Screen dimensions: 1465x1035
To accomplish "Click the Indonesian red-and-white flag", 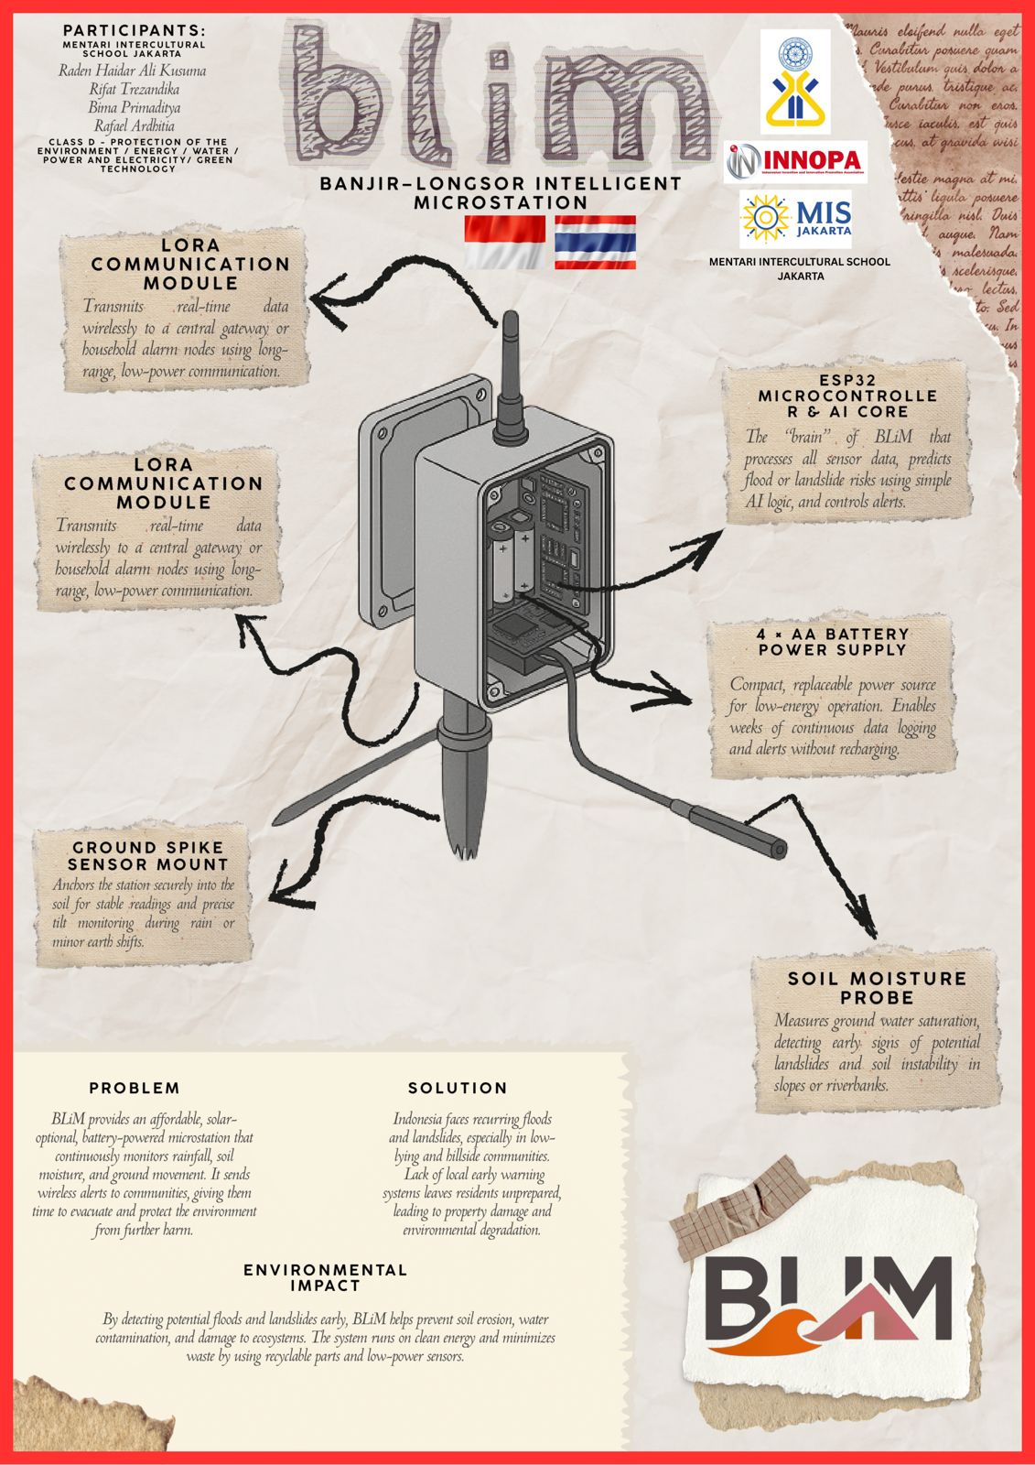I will pyautogui.click(x=504, y=242).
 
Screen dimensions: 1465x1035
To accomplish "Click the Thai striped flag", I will pyautogui.click(x=595, y=242).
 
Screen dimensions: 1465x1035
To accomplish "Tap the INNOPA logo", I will pyautogui.click(x=796, y=163).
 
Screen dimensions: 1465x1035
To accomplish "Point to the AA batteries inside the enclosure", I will pyautogui.click(x=512, y=563).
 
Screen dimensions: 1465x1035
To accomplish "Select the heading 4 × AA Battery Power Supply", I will pyautogui.click(x=833, y=642).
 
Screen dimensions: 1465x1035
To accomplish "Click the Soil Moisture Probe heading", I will pyautogui.click(x=877, y=988).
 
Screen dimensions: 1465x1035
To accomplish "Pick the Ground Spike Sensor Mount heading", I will pyautogui.click(x=148, y=856).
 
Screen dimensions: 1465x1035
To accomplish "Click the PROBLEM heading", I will pyautogui.click(x=135, y=1089).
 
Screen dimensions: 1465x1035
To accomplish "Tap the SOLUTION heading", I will pyautogui.click(x=458, y=1089).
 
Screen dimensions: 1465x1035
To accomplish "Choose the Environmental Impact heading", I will pyautogui.click(x=325, y=1277).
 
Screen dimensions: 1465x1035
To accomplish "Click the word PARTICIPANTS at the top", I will pyautogui.click(x=134, y=31).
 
